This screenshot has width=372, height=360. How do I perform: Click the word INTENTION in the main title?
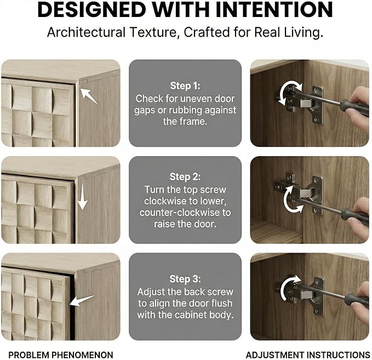[274, 9]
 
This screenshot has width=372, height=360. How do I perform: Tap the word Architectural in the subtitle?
[86, 32]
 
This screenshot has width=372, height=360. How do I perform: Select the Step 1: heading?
[185, 85]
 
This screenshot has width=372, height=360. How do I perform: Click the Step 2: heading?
[185, 177]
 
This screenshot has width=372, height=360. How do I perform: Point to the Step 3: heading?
[185, 279]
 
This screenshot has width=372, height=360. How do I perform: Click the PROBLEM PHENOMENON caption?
[61, 355]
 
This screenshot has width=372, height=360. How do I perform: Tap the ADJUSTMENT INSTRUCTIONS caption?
[308, 355]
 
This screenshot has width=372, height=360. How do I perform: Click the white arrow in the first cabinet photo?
[89, 96]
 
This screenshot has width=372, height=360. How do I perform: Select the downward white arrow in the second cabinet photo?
[82, 197]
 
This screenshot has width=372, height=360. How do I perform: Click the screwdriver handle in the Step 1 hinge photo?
[354, 108]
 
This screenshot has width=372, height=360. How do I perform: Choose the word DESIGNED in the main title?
[91, 9]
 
